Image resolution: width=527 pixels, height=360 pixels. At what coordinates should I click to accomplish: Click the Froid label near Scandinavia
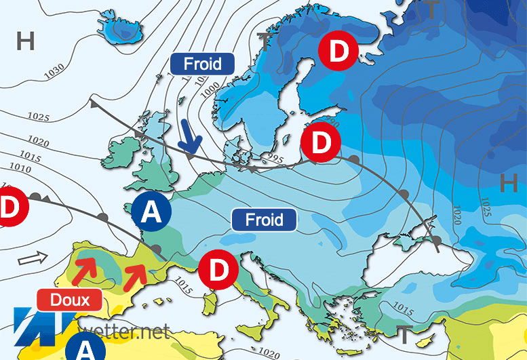(x=202, y=64)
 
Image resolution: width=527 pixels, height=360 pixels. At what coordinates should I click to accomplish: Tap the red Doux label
(x=69, y=299)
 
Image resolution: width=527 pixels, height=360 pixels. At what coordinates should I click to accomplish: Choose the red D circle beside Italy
(x=218, y=269)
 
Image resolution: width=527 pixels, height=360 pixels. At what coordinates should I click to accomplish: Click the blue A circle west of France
(x=152, y=213)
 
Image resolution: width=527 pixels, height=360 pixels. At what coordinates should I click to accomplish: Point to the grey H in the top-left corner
(x=26, y=42)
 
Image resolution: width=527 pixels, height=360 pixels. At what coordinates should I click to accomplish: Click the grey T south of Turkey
(x=405, y=334)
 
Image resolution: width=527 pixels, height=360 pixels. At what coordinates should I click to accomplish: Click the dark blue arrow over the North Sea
(x=191, y=138)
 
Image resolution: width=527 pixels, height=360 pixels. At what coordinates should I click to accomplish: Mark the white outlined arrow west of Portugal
(x=30, y=258)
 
